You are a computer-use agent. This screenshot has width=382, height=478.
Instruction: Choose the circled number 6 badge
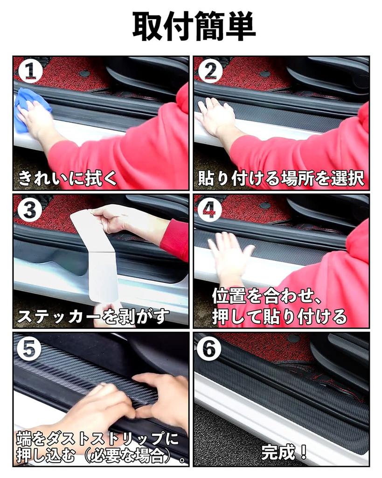[x=210, y=349]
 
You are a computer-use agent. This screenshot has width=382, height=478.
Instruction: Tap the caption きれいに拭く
[x=68, y=178]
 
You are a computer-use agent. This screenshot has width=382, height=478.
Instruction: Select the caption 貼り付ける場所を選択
[x=281, y=178]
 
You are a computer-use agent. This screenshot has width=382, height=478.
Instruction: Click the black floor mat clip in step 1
[x=84, y=73]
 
